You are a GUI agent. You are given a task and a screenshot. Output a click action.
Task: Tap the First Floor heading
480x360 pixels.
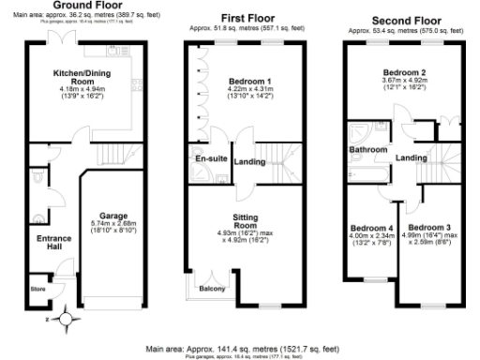click(x=247, y=18)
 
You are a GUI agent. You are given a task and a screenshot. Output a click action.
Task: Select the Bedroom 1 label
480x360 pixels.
click(x=248, y=82)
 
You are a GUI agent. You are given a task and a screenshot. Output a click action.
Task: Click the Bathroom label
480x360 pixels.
click(x=367, y=149)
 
